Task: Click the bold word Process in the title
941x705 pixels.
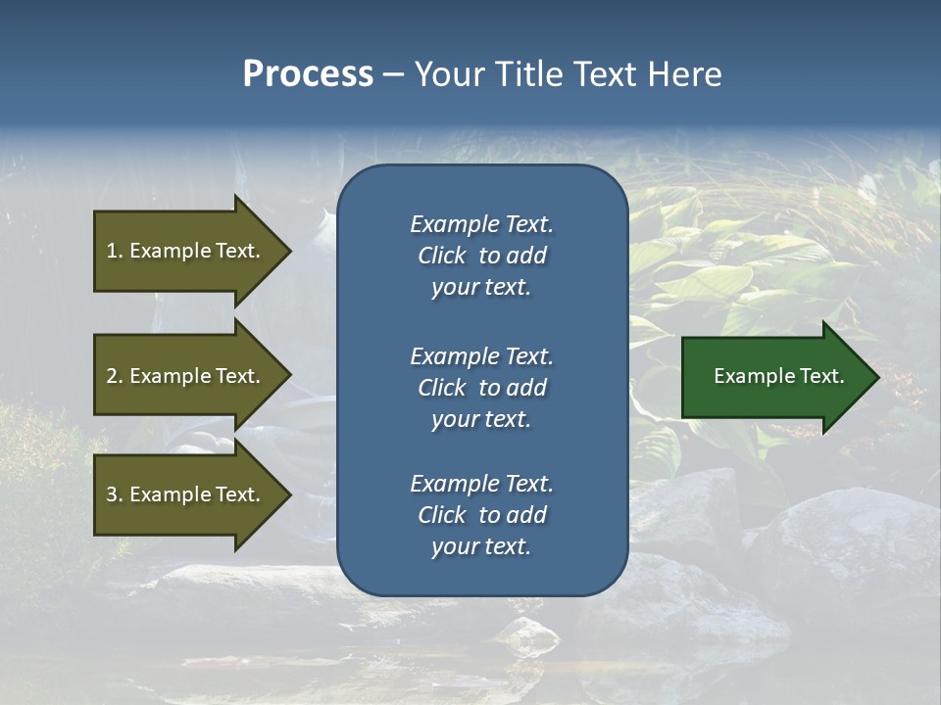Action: coord(308,74)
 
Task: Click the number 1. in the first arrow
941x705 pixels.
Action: coord(115,251)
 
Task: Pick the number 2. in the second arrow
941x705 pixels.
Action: coord(115,376)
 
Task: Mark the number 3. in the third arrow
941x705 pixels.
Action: coord(115,494)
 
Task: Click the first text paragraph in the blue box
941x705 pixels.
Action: coord(481,256)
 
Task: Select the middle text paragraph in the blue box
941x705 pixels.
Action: coord(481,388)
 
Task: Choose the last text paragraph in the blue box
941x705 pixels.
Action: coord(481,515)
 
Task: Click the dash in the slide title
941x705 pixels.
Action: coord(393,74)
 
